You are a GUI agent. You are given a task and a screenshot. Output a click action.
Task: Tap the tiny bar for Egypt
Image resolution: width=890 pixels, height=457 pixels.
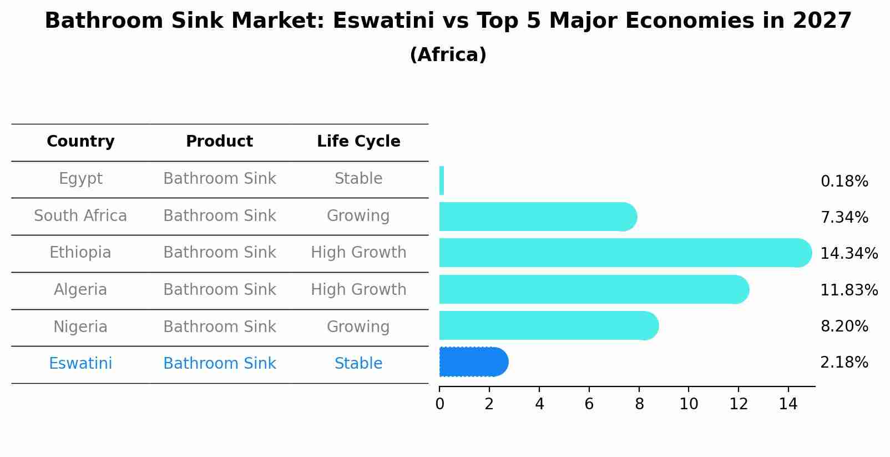tap(442, 180)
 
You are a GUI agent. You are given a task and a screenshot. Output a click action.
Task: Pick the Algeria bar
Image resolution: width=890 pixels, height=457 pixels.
tap(594, 289)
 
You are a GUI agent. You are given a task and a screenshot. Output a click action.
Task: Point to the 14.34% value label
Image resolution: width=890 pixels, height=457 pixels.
tap(848, 254)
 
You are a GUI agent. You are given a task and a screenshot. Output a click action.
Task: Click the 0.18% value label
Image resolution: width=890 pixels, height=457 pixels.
tap(844, 182)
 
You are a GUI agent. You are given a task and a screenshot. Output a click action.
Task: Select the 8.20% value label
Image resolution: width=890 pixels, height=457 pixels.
tap(844, 327)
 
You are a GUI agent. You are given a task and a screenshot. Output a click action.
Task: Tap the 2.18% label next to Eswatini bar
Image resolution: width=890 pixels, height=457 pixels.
tap(844, 363)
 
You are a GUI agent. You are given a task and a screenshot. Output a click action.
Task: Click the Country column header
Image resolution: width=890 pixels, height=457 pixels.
tap(80, 142)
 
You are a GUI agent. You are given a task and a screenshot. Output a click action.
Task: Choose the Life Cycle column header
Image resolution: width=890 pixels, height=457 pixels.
tap(358, 142)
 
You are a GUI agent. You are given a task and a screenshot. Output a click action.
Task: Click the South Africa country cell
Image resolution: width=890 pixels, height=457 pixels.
tap(80, 215)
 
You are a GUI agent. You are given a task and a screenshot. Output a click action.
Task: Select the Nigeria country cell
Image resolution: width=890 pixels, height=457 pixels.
tap(80, 327)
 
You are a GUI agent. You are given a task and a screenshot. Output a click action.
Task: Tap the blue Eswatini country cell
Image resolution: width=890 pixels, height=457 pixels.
tap(80, 364)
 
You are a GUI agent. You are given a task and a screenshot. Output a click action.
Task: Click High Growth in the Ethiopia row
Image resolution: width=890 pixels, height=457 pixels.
tap(358, 253)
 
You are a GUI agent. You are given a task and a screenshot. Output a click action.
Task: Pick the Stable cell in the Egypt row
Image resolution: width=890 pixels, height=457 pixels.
tap(358, 179)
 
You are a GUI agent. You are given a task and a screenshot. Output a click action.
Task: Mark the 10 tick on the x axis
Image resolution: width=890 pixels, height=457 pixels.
tap(689, 404)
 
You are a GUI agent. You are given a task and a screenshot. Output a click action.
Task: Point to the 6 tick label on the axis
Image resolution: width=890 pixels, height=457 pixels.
tap(589, 404)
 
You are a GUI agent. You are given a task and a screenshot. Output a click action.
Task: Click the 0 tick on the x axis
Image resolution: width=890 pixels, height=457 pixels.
tap(439, 404)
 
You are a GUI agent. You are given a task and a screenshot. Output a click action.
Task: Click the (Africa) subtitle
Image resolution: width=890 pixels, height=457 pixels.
tap(448, 55)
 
